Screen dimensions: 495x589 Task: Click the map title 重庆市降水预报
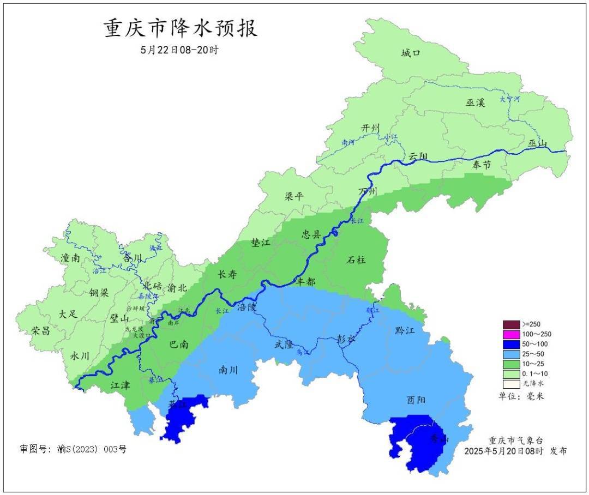tap(181, 28)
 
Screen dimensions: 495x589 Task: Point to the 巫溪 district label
tap(475, 102)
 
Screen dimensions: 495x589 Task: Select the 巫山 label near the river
tap(537, 143)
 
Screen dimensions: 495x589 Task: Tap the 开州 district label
tap(370, 128)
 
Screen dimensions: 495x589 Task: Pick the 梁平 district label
tap(294, 196)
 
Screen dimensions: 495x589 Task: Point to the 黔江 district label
tap(403, 330)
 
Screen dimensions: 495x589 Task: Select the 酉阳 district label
tap(416, 400)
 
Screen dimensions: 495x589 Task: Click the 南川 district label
tap(228, 370)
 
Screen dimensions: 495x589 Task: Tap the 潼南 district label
tap(70, 258)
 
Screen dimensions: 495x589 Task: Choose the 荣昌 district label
tap(40, 330)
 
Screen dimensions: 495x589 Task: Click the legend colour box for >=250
tap(511, 324)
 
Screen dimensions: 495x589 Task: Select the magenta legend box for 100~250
tap(511, 334)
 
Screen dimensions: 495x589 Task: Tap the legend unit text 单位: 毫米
tap(521, 396)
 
